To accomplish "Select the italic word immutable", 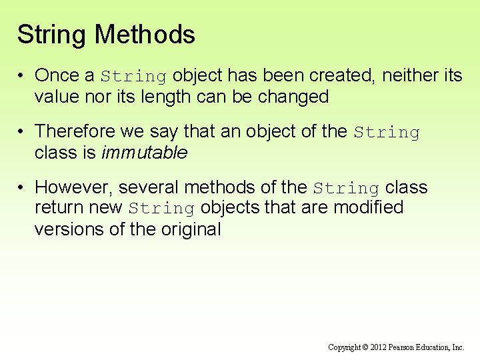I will [144, 153].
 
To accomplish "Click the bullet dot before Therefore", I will [23, 131].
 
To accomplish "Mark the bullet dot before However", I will [23, 187].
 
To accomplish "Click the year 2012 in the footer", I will [377, 347].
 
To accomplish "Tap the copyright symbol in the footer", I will [365, 347].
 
